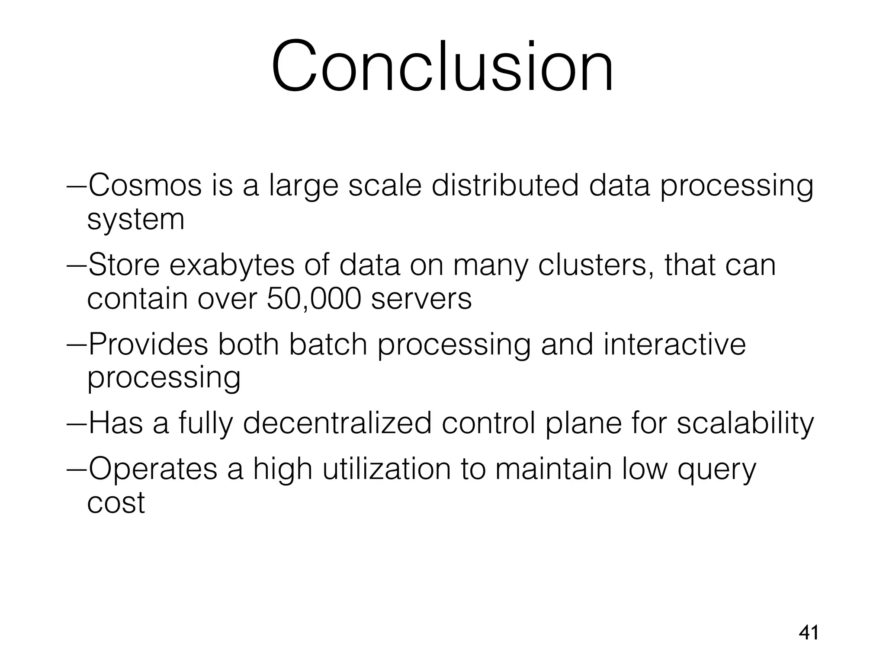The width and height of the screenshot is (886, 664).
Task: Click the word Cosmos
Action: pyautogui.click(x=145, y=185)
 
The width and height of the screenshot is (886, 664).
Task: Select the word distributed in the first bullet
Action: pyautogui.click(x=505, y=185)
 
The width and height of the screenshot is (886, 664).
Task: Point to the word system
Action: pyautogui.click(x=136, y=220)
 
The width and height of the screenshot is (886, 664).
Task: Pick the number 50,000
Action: pyautogui.click(x=314, y=299)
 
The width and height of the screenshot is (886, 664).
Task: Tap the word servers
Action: pyautogui.click(x=421, y=299)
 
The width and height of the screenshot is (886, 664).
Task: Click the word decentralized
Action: pyautogui.click(x=337, y=423)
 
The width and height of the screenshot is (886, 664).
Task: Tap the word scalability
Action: pyautogui.click(x=745, y=423)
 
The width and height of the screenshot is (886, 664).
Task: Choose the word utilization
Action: pyautogui.click(x=387, y=469)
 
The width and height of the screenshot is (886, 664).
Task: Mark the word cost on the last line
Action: pyautogui.click(x=116, y=503)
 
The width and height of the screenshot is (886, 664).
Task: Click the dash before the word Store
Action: pyautogui.click(x=77, y=265)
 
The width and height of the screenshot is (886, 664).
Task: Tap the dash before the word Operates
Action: pyautogui.click(x=77, y=470)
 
